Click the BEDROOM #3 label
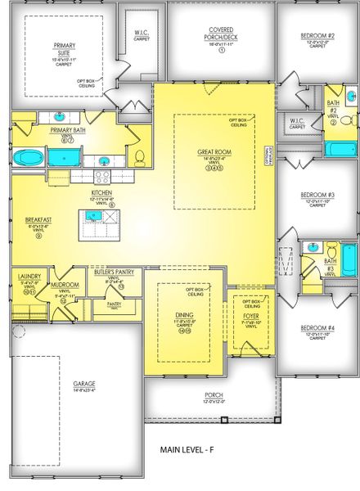(x=317, y=194)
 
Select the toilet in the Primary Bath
(x=139, y=156)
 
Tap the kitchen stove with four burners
(x=104, y=174)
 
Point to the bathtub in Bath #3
(x=348, y=260)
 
